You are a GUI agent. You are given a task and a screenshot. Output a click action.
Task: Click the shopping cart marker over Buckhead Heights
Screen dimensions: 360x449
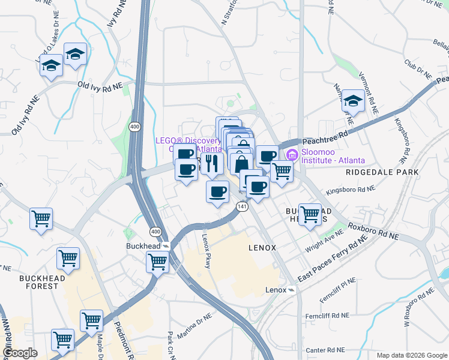coord(310,213)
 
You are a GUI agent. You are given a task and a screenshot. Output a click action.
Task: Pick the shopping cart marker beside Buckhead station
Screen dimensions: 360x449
coord(157,262)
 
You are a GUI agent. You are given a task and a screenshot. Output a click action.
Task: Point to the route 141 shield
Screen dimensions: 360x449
coord(242,206)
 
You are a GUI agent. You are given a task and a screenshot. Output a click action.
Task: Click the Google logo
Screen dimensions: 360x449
coord(20,353)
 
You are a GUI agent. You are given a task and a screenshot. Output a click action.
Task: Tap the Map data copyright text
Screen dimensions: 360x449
coord(411,355)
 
